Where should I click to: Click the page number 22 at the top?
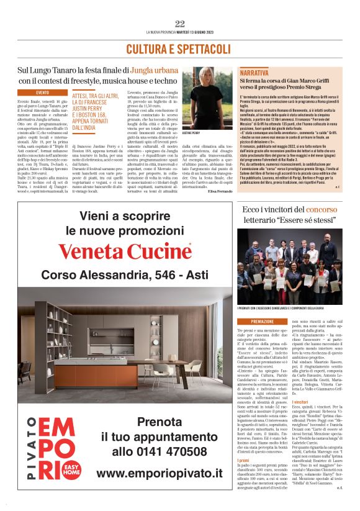point(180,24)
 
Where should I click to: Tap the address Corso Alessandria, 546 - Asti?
point(134,275)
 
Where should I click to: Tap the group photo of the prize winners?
point(289,272)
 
